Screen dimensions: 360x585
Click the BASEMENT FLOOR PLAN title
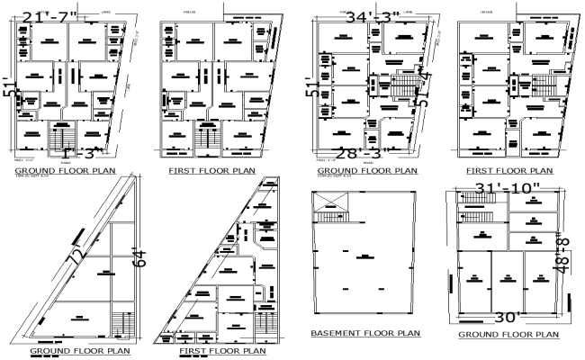coord(365,333)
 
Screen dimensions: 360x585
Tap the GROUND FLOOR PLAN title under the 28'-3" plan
coord(368,169)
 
